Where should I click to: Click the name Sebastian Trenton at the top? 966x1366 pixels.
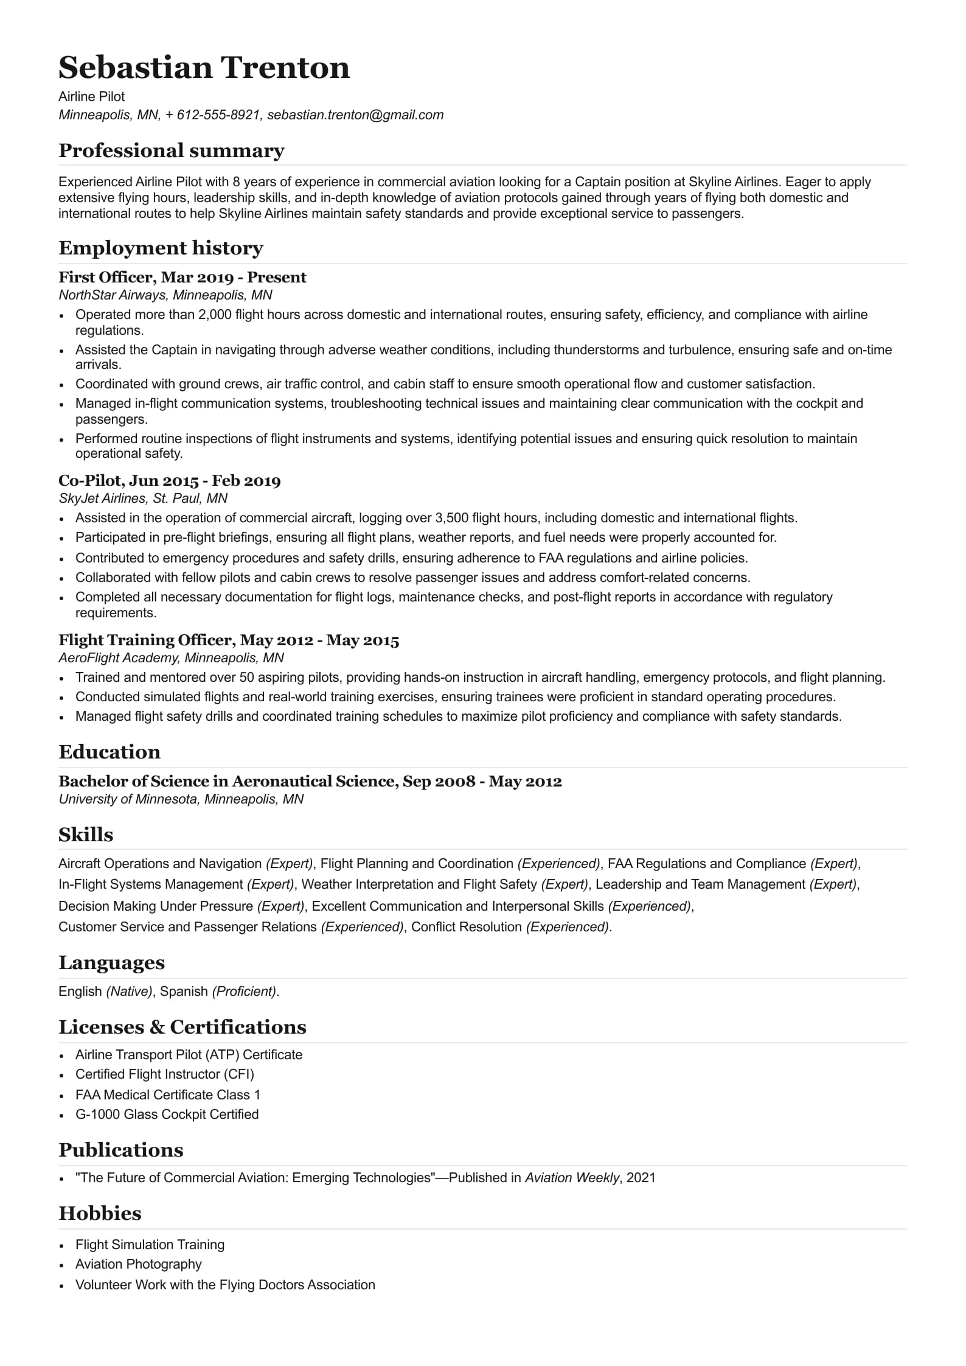coord(204,68)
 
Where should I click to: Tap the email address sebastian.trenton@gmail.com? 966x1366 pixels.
coord(355,115)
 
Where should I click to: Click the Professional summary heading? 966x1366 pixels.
coord(171,151)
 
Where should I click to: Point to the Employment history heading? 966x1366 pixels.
coord(161,248)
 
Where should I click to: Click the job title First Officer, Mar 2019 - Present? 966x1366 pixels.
coord(182,278)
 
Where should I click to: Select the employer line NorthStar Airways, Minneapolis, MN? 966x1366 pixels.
coord(165,295)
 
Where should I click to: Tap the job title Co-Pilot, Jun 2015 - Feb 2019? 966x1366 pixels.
coord(169,481)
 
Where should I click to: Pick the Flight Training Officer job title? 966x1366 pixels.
coord(228,640)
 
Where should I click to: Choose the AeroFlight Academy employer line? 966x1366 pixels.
coord(171,658)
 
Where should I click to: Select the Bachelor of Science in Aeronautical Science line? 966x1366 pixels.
coord(310,782)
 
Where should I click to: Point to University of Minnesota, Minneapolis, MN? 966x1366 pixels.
coord(181,799)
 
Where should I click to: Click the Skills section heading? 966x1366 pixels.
coord(86,835)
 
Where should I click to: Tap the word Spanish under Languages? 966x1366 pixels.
coord(184,992)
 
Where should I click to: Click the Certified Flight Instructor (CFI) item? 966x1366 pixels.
coord(164,1074)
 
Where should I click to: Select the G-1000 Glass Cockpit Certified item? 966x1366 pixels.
coord(167,1115)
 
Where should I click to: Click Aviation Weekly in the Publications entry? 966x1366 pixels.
coord(571,1178)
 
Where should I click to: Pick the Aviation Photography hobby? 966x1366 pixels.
coord(138,1264)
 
